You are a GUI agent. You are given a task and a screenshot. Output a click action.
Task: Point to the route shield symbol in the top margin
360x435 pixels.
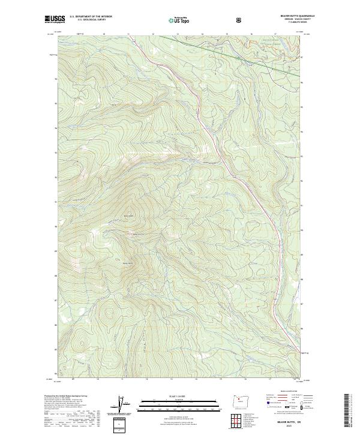[240, 19]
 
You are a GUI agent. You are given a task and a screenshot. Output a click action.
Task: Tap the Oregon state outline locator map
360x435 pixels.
[240, 404]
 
